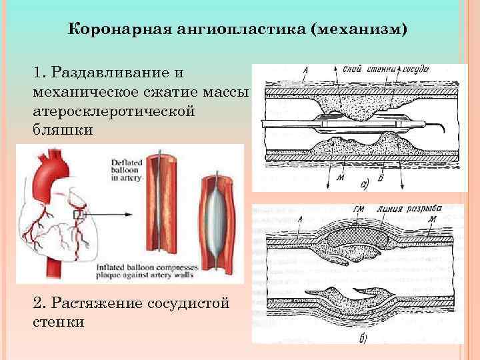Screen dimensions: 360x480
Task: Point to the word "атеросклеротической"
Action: pyautogui.click(x=113, y=111)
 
